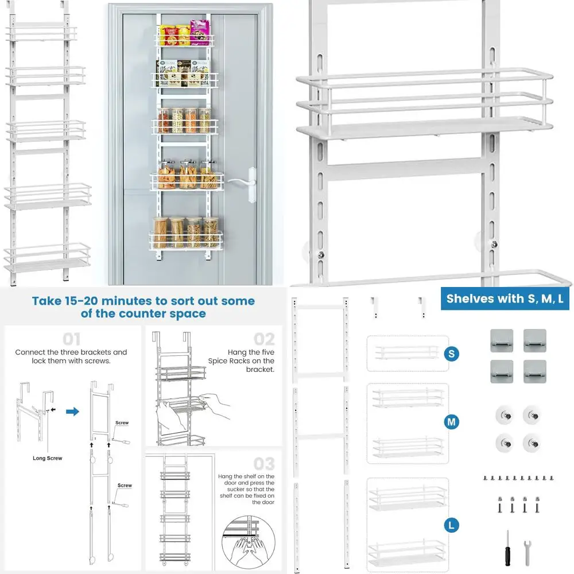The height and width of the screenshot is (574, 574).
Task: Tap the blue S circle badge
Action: pos(452,354)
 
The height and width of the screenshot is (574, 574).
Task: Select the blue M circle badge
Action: pos(452,422)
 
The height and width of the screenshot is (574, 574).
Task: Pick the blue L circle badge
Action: pos(452,524)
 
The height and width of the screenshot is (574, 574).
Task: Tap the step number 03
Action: pos(264,463)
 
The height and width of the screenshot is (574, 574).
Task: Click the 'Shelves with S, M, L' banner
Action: pos(505,298)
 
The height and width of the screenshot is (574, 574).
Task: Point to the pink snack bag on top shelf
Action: pos(200,33)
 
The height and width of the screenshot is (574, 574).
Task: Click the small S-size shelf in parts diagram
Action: pos(406,352)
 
